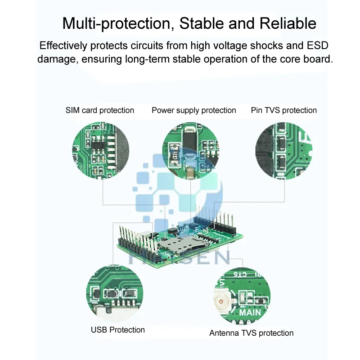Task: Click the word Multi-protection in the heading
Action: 117,23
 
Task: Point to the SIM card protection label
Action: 100,110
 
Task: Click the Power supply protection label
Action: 194,110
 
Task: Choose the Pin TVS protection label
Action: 283,110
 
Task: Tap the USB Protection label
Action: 118,330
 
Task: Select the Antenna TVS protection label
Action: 251,333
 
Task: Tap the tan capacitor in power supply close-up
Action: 191,172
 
